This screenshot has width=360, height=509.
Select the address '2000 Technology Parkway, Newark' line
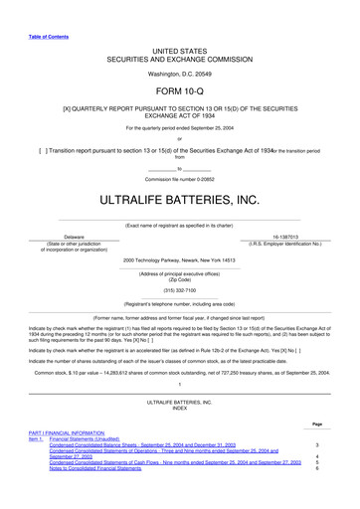point(180,260)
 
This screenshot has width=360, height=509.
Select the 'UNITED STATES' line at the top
point(180,48)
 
